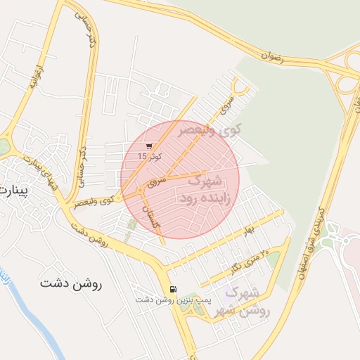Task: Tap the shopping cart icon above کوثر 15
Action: pos(149,146)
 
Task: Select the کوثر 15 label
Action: pos(149,156)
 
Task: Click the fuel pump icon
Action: pos(173,289)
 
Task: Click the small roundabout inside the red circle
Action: pos(141,190)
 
